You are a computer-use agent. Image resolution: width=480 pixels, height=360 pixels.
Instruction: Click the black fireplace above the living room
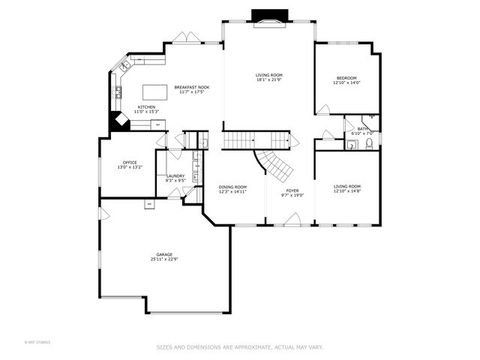[x=267, y=15]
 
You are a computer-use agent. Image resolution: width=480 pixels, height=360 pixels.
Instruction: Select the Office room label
[x=130, y=161]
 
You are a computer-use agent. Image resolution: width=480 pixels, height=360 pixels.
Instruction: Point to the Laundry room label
[x=175, y=175]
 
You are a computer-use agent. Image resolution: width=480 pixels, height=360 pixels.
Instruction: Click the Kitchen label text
[x=146, y=106]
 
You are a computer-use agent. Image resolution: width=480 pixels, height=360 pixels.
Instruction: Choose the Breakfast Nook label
[x=190, y=88]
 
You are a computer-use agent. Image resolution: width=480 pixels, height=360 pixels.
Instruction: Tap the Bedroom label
[x=346, y=77]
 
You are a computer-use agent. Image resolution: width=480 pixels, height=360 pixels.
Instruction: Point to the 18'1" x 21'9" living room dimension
[x=268, y=80]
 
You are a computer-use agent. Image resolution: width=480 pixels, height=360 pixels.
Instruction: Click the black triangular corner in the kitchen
[x=117, y=121]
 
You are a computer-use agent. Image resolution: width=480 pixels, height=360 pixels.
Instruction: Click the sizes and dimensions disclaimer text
[x=239, y=347]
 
